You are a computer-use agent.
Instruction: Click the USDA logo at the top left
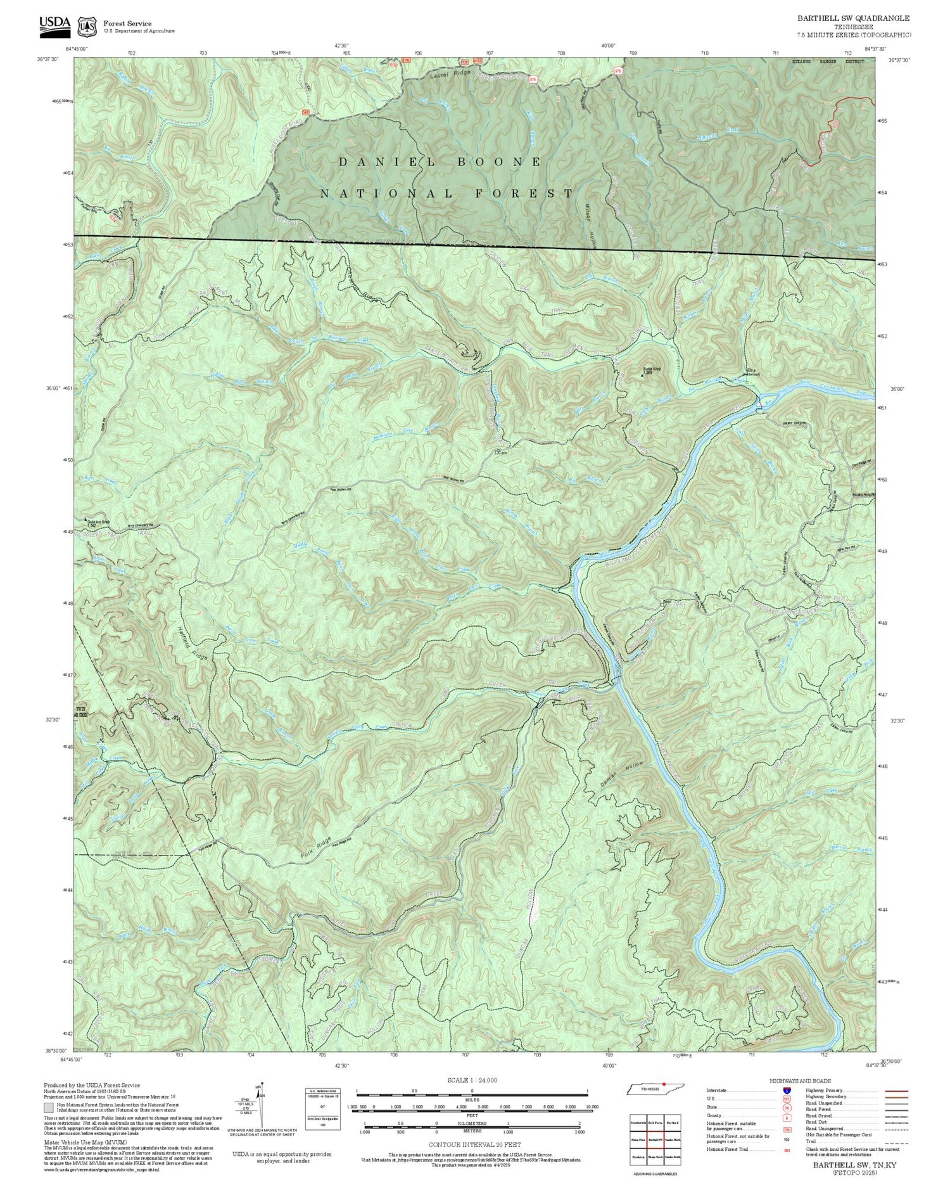pos(55,23)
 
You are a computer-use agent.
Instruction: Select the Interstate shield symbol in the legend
pos(787,1091)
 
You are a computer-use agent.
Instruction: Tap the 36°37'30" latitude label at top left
pos(48,60)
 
